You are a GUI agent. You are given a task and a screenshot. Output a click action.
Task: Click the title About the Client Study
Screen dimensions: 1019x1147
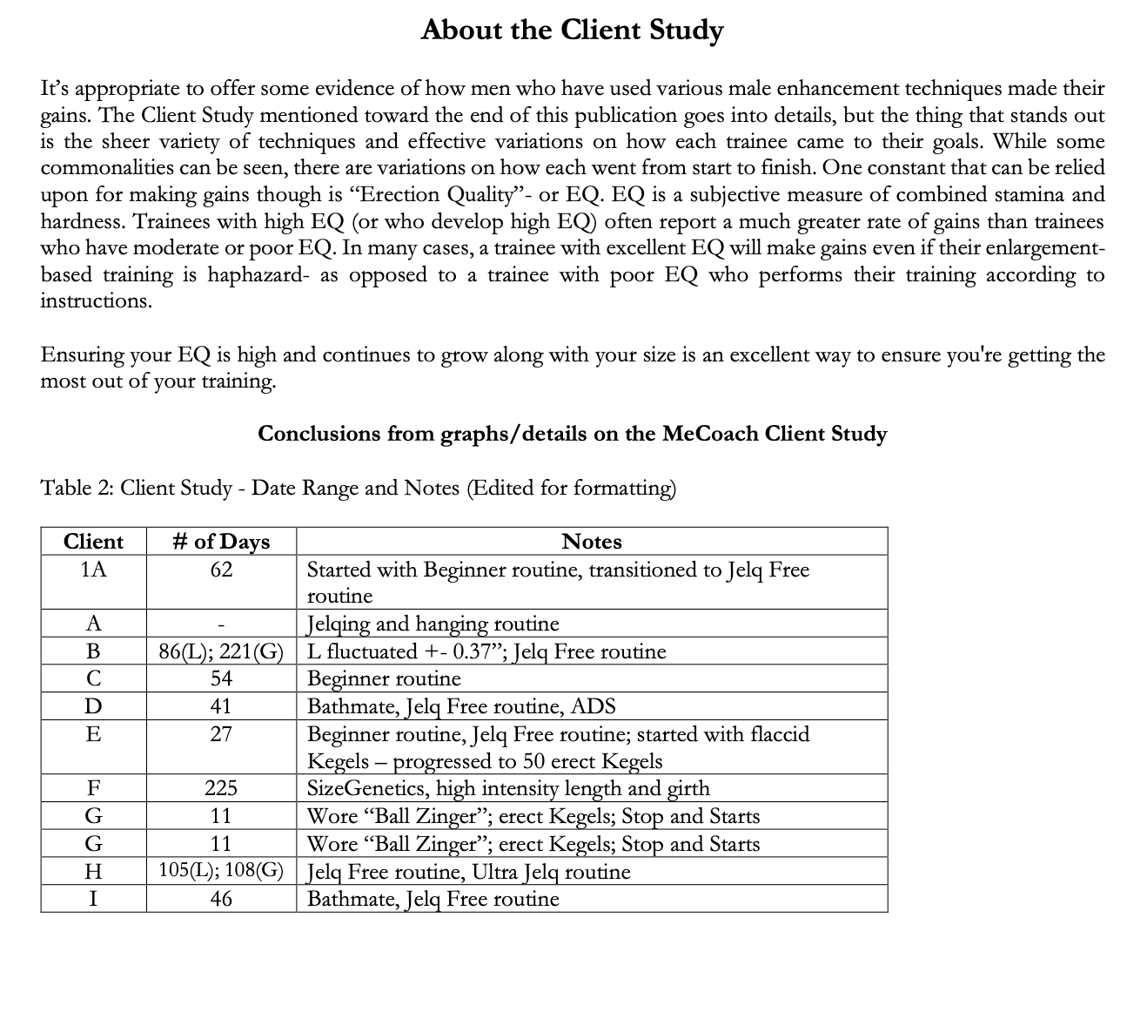[572, 30]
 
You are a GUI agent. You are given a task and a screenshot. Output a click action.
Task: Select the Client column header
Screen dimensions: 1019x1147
[93, 542]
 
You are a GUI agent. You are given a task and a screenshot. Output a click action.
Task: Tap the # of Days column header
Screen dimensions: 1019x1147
[221, 542]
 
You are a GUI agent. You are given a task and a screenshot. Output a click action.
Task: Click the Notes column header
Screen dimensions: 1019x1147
[592, 542]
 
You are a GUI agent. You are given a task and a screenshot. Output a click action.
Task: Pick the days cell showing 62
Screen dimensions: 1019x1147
[221, 570]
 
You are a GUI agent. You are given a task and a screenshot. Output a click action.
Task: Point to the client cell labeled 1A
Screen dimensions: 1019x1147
[93, 570]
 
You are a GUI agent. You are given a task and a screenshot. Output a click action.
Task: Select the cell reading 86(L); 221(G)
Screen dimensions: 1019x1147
[221, 651]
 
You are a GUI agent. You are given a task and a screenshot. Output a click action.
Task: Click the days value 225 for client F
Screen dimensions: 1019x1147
[221, 789]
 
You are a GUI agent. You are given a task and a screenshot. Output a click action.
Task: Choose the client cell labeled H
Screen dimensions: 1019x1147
[93, 872]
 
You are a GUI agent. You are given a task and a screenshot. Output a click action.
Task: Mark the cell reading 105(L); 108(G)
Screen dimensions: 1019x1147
[221, 872]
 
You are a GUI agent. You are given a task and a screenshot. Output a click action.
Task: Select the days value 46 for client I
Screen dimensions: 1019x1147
[221, 899]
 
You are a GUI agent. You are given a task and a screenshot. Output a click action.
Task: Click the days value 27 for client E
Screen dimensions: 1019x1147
[221, 734]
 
